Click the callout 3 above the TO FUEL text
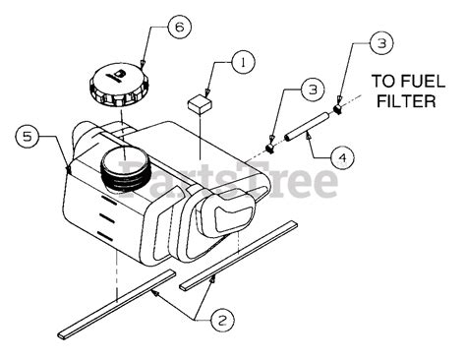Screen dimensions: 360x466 click(x=381, y=42)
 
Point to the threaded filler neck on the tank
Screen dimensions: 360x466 click(x=124, y=173)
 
